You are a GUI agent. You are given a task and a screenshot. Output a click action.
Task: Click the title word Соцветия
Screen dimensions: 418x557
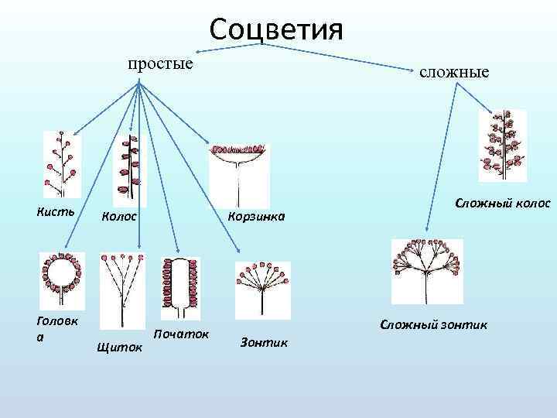click(275, 30)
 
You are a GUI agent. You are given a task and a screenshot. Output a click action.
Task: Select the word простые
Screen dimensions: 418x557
click(160, 63)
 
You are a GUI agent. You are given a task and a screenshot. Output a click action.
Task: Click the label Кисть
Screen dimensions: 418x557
click(55, 211)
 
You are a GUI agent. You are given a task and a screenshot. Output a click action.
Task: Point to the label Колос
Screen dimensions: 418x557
click(121, 216)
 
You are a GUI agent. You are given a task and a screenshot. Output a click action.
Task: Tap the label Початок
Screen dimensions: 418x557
click(182, 334)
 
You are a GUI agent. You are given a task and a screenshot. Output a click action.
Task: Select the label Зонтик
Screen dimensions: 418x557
click(263, 341)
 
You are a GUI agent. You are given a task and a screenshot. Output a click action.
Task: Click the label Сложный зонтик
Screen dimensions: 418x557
click(432, 324)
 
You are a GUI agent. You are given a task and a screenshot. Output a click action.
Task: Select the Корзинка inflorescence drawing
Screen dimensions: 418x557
click(240, 174)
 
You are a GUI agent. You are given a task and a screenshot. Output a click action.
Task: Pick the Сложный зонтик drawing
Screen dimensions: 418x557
click(426, 271)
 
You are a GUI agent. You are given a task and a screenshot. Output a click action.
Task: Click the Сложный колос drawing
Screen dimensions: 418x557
click(502, 146)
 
